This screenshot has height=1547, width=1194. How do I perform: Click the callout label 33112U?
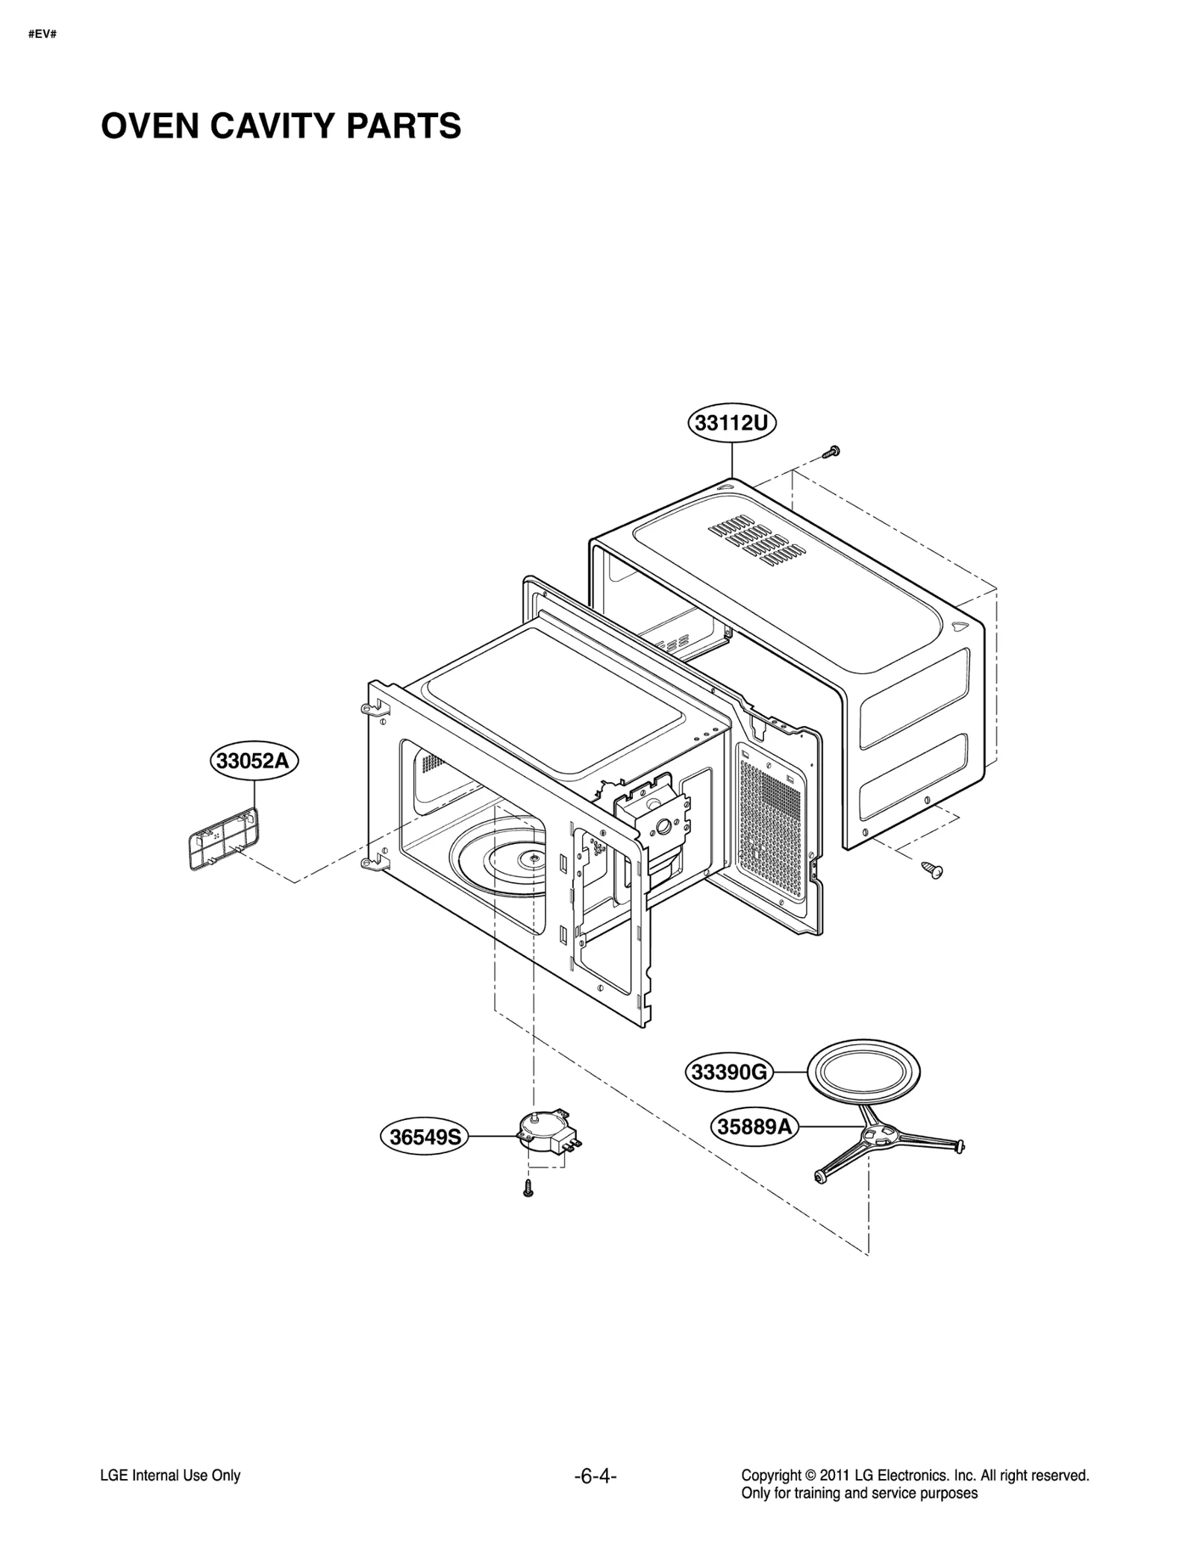tap(731, 423)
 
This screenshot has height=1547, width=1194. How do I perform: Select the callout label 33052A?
tap(253, 761)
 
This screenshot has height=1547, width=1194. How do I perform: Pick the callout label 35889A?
tap(754, 1125)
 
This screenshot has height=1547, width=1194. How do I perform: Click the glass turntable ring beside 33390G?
tap(863, 1072)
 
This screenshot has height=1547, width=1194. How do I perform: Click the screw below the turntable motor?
tap(528, 1190)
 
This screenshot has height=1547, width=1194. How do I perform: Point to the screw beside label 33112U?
tap(831, 451)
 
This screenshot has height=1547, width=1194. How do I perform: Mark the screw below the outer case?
tap(932, 868)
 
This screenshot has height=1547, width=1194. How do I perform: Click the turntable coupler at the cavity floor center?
tap(535, 858)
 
